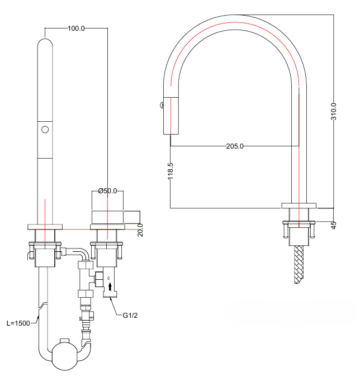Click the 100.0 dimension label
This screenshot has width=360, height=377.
tap(75, 28)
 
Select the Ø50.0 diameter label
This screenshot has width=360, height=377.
tap(107, 191)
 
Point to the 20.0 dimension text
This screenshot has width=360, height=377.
tap(140, 229)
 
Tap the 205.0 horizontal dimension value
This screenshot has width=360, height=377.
tap(235, 146)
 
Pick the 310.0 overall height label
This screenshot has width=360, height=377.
tap(334, 112)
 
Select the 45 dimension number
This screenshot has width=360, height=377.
tap(334, 225)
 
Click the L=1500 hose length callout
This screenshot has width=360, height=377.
tap(18, 323)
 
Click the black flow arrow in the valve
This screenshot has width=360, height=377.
tap(110, 287)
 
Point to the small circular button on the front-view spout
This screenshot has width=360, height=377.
tap(45, 130)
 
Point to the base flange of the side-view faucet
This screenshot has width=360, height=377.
tap(299, 205)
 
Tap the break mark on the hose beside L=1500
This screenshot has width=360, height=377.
tap(40, 305)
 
